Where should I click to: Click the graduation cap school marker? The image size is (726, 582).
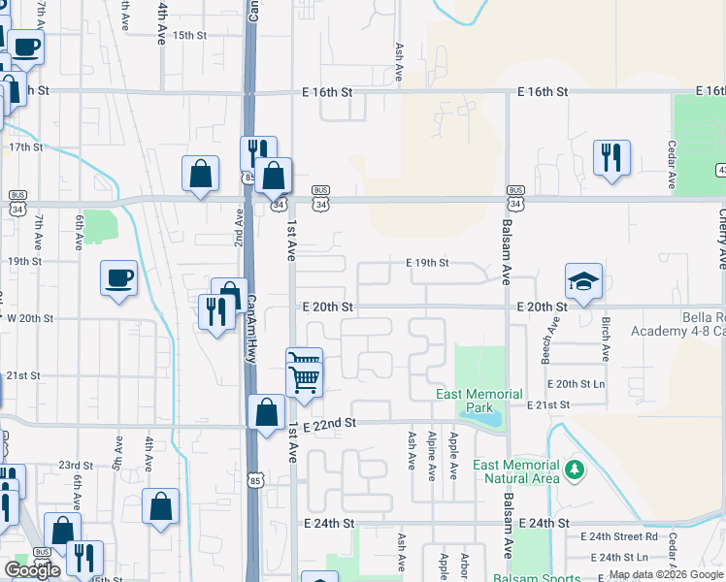(x=583, y=281)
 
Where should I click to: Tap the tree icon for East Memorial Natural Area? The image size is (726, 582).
(x=575, y=470)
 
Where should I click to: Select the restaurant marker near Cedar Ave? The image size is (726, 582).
(x=611, y=158)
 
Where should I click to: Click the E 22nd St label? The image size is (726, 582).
(x=330, y=424)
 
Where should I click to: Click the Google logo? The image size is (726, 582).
(x=32, y=570)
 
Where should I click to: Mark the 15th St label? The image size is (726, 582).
(x=190, y=35)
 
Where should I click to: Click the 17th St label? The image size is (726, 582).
(x=25, y=147)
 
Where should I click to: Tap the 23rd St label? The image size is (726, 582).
(x=76, y=466)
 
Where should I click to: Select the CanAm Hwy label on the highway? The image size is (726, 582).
(x=251, y=330)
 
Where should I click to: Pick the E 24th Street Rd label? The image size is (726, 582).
(x=619, y=536)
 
